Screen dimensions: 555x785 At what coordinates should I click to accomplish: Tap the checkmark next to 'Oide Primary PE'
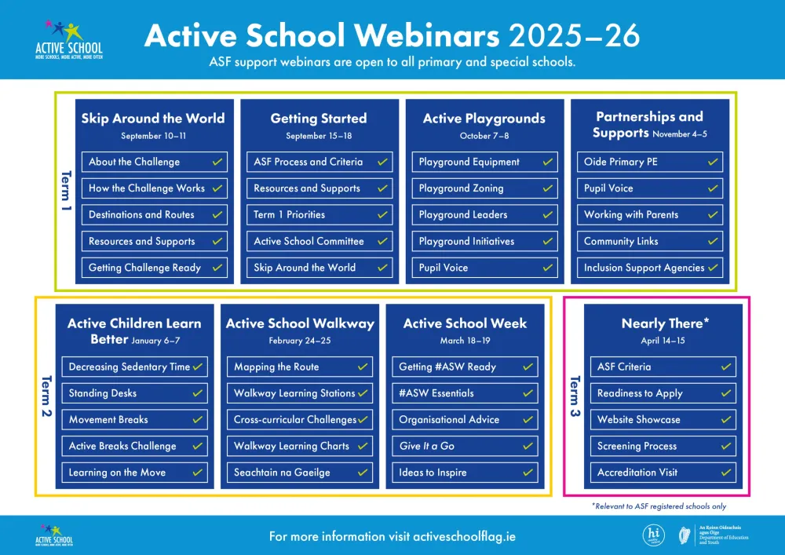click(x=713, y=162)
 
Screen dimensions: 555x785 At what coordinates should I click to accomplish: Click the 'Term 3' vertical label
click(x=574, y=396)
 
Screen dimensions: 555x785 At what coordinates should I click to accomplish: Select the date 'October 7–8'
click(x=484, y=136)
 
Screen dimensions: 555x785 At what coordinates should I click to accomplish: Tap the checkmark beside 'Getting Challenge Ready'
click(x=217, y=268)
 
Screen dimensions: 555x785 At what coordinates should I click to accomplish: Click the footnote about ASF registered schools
click(x=659, y=506)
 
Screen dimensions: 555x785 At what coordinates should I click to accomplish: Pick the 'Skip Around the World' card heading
click(x=153, y=119)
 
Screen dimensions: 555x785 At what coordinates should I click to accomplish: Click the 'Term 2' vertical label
click(x=45, y=396)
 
